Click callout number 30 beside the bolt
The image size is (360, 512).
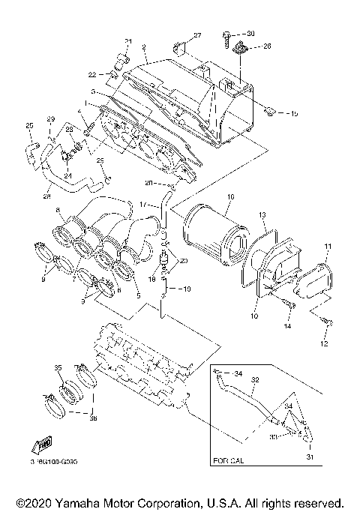pyautogui.click(x=251, y=34)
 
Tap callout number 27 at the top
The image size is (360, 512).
pyautogui.click(x=198, y=36)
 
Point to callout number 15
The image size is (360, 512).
pyautogui.click(x=292, y=114)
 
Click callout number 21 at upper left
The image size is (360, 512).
pyautogui.click(x=127, y=40)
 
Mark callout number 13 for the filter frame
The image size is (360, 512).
pyautogui.click(x=263, y=215)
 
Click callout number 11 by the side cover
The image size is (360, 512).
pyautogui.click(x=327, y=246)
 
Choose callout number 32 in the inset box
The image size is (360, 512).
pyautogui.click(x=254, y=380)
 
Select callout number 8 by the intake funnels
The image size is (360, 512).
pyautogui.click(x=57, y=220)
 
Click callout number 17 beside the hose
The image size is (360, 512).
pyautogui.click(x=143, y=204)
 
